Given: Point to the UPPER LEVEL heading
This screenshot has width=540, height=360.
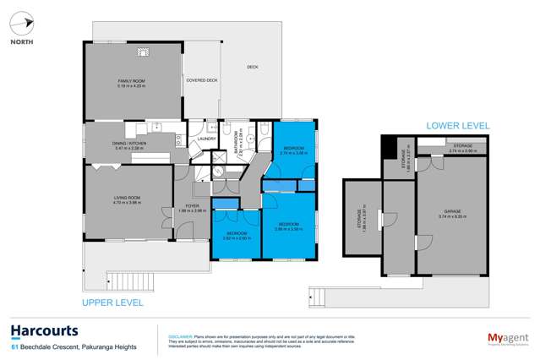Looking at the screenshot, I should [x=112, y=302].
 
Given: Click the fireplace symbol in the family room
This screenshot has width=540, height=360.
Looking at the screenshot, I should [x=145, y=52].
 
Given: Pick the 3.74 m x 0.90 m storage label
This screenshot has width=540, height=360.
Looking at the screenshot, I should [x=462, y=148].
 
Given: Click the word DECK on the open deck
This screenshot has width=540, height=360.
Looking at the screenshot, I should [x=252, y=67].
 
